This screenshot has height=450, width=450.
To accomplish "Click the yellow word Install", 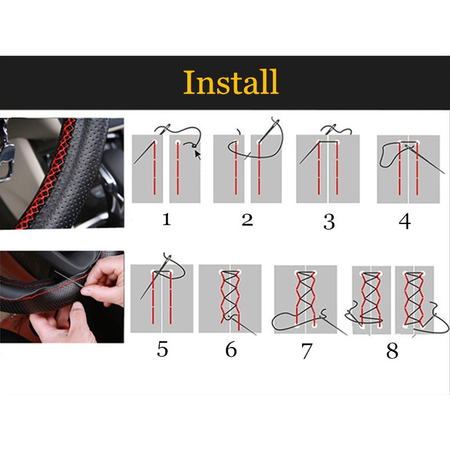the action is pyautogui.click(x=231, y=82).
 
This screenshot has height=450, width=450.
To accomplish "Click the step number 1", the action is pyautogui.click(x=166, y=220).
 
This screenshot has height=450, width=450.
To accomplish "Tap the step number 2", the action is pyautogui.click(x=247, y=220).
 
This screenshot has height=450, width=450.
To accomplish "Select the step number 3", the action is pyautogui.click(x=329, y=222).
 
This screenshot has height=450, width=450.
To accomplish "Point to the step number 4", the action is pyautogui.click(x=404, y=222).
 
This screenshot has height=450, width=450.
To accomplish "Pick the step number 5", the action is pyautogui.click(x=162, y=349).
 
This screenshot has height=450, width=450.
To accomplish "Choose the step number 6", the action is pyautogui.click(x=231, y=349).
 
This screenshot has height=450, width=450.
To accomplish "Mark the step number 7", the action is pyautogui.click(x=307, y=351).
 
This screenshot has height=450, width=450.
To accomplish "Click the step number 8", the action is pyautogui.click(x=392, y=350).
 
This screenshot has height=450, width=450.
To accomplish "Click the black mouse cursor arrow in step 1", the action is pyautogui.click(x=198, y=154).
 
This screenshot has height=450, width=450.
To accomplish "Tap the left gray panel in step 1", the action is pyautogui.click(x=147, y=169).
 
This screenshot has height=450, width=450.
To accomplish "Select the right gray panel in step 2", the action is pyautogui.click(x=266, y=169).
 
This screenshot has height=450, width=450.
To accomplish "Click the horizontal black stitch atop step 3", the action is pyautogui.click(x=328, y=142).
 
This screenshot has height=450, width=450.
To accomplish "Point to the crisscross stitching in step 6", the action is pyautogui.click(x=229, y=296).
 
